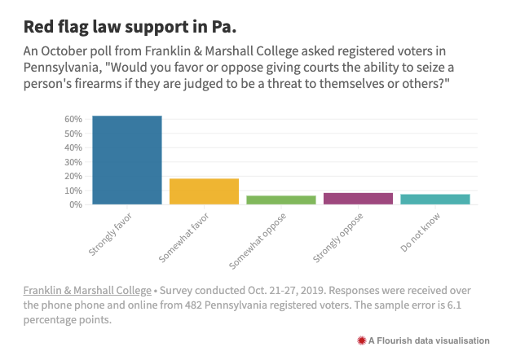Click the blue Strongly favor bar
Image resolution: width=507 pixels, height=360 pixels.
coord(126,160)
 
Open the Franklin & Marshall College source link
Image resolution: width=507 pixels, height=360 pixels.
coord(87,291)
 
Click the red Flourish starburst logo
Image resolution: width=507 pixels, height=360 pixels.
coord(361,340)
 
